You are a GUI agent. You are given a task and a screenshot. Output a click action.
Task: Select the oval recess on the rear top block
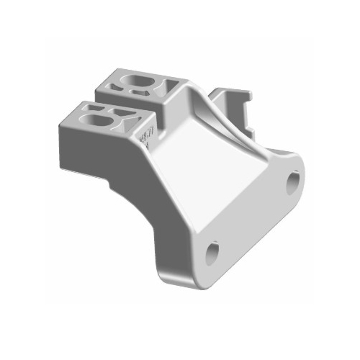138,78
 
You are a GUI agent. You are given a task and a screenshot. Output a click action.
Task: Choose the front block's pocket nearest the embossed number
132,123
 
